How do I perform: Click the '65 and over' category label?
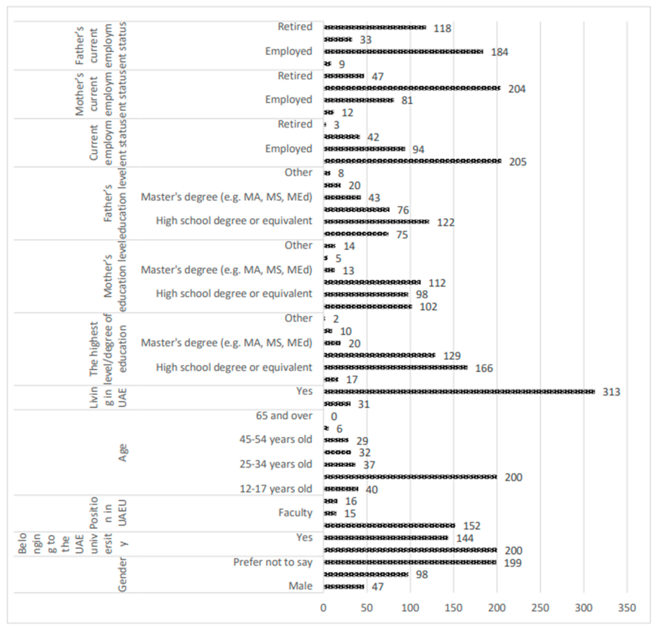(x=284, y=416)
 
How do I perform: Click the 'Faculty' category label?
(x=295, y=513)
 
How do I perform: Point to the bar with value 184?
(x=403, y=52)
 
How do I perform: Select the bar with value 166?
(x=395, y=367)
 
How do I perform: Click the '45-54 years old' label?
(x=276, y=440)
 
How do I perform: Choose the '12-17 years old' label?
(x=276, y=489)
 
